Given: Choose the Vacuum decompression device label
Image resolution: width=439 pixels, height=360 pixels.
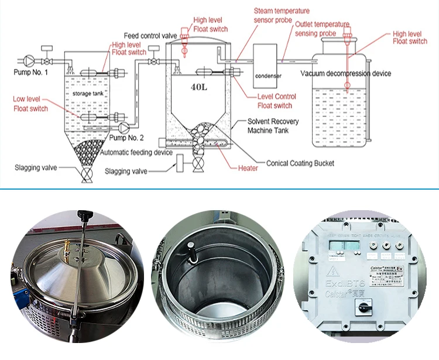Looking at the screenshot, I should coord(345,73).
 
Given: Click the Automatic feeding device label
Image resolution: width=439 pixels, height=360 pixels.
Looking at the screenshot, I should coord(136,152).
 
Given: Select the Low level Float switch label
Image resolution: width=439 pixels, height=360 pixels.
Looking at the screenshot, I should coord(30,104).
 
